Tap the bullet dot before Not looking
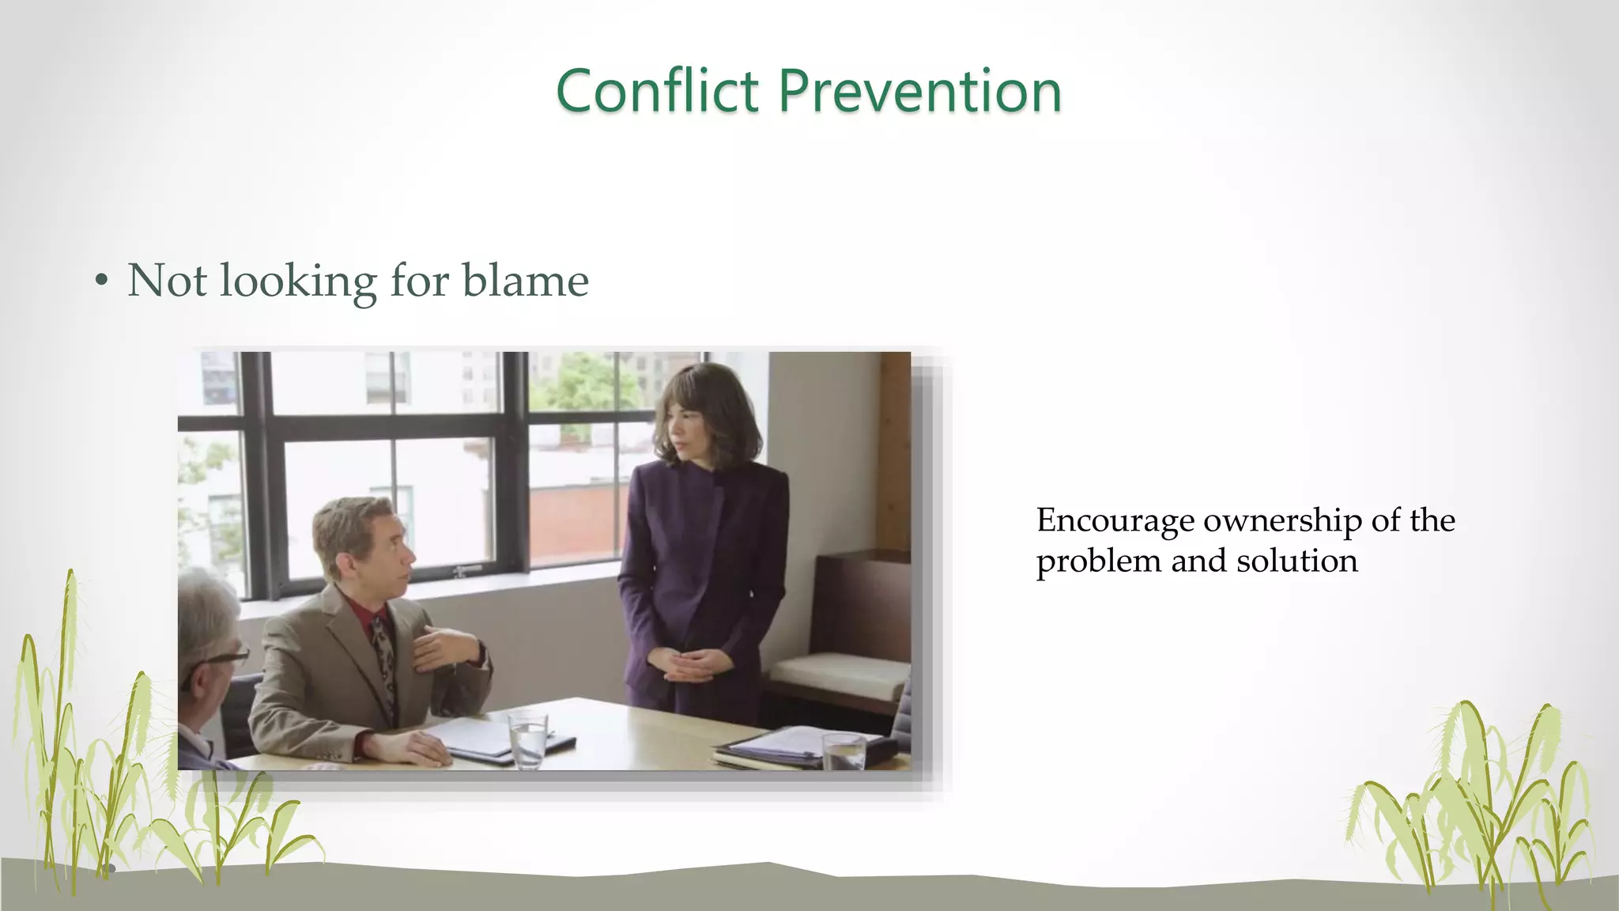point(100,281)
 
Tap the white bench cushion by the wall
point(838,672)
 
